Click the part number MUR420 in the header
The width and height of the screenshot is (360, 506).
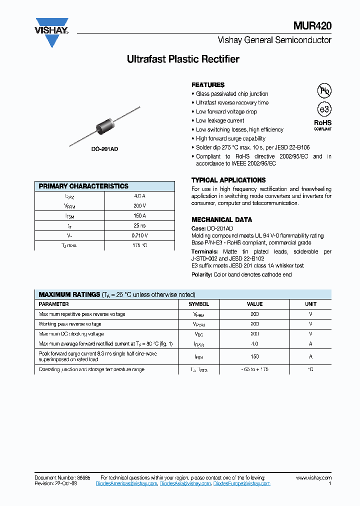[x=312, y=26]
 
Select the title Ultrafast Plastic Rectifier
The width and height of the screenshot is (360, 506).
[x=183, y=59]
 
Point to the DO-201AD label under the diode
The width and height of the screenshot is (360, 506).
[x=104, y=149]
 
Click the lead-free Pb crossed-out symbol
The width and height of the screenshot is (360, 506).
[x=324, y=90]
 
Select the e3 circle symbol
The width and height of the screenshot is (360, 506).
[x=324, y=109]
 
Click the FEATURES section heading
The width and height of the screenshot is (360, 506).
[x=208, y=85]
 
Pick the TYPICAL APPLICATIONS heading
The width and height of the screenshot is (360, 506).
[x=228, y=180]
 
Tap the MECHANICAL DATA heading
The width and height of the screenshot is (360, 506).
[x=221, y=219]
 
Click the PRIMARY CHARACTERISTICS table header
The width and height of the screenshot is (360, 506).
[x=83, y=186]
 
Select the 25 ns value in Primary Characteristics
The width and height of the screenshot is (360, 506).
[x=139, y=225]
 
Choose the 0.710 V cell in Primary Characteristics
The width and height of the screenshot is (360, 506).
[x=139, y=235]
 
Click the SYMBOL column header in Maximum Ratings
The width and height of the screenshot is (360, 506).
[x=198, y=304]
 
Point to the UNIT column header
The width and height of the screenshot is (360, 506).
[x=310, y=304]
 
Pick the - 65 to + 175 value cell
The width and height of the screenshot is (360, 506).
[x=254, y=369]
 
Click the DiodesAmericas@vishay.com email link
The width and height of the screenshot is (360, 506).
[x=126, y=484]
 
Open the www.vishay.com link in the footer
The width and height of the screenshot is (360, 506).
[x=313, y=478]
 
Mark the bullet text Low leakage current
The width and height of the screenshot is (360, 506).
[x=220, y=120]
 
